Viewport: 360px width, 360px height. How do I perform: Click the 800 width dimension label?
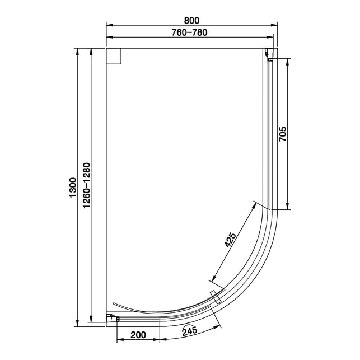191,20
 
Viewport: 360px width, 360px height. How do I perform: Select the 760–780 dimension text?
190,32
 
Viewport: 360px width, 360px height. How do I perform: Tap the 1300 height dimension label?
73,188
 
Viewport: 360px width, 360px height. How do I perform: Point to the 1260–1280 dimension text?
87,185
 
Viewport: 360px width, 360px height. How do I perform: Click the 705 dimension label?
283,134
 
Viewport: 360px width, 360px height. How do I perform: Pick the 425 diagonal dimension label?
230,240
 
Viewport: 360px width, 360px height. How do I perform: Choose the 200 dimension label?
138,335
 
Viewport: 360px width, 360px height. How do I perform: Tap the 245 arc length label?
190,331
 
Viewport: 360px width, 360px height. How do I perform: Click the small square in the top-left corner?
114,56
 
